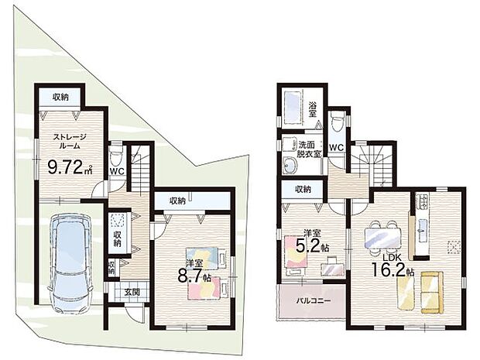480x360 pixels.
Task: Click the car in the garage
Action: [70, 262]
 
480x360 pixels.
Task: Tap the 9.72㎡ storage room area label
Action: [70, 167]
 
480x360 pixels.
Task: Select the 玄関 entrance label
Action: [132, 292]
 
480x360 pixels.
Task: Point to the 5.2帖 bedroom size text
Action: [312, 245]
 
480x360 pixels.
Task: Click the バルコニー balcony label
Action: [314, 300]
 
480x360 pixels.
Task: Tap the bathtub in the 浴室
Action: [293, 108]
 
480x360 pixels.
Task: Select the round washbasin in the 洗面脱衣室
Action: [290, 166]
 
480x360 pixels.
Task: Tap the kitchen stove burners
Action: [423, 201]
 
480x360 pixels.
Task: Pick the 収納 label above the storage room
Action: [60, 98]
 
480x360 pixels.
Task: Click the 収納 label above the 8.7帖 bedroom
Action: [177, 201]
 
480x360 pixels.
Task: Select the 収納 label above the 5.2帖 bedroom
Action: [303, 189]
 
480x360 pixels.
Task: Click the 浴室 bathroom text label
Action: [313, 110]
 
